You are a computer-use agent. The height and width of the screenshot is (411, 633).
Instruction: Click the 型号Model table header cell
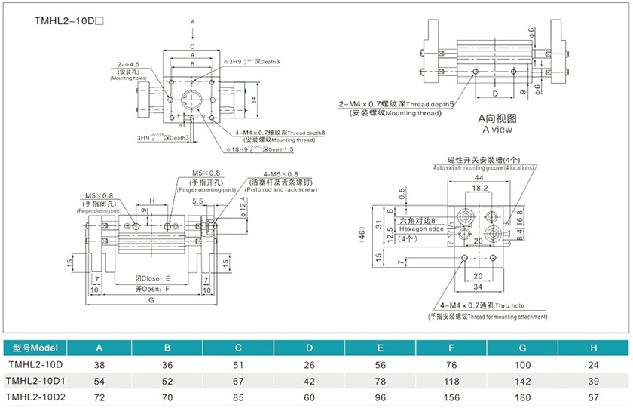tap(35, 348)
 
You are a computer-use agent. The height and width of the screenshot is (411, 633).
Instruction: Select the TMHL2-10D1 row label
tap(36, 379)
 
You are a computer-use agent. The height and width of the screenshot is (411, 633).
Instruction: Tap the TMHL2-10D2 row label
tap(36, 396)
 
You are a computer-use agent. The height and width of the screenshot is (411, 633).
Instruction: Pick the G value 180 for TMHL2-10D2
tap(524, 396)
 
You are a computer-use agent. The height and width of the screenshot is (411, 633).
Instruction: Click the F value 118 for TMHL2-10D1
tap(451, 379)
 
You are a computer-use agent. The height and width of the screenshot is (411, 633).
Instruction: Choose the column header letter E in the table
tap(381, 348)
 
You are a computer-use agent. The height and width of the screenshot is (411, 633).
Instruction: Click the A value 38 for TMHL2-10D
tap(98, 363)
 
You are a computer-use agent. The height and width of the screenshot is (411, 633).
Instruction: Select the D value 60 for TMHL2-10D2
tap(310, 396)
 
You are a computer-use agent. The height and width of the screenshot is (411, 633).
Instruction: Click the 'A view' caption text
tap(497, 129)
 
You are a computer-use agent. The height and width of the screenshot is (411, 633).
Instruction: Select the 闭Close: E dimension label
tap(153, 278)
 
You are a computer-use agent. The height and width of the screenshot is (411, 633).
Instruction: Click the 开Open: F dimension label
tap(153, 288)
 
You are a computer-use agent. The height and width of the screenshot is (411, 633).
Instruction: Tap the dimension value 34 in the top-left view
tap(255, 100)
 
